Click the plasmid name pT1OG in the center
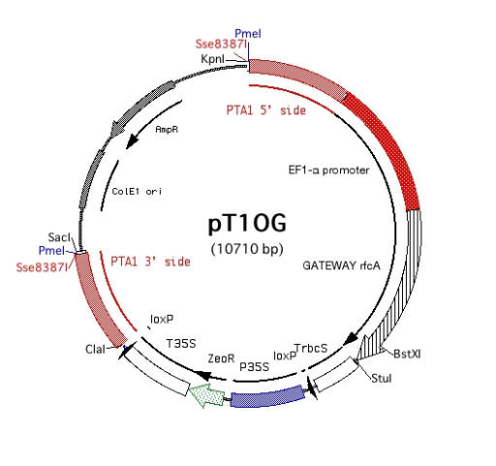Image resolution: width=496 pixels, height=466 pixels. coord(247,224)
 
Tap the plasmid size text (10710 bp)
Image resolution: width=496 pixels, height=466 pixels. coord(247,249)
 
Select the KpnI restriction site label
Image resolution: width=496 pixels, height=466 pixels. coord(212,59)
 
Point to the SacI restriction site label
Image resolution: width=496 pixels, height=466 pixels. coord(59,237)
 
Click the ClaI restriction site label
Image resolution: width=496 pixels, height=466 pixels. coord(95,349)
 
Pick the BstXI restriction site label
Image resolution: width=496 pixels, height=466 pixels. coord(407,354)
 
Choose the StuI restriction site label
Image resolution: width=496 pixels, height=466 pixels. coord(382,378)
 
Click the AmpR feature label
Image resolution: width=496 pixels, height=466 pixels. coord(167,130)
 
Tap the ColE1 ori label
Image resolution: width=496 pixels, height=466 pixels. coord(137,192)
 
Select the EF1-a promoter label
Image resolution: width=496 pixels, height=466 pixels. coord(328,170)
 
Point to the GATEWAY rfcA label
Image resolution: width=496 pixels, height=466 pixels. coord(341,265)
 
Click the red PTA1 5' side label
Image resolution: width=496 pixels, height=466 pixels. coord(266,110)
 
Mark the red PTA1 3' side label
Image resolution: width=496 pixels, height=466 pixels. coord(150,262)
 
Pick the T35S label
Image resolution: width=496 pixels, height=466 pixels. coord(181,343)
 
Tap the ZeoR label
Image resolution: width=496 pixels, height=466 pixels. coord(221,358)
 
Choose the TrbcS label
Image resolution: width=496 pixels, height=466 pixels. coord(311,348)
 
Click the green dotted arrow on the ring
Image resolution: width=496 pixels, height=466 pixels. coord(206,396)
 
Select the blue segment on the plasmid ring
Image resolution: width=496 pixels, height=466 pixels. coord(267,396)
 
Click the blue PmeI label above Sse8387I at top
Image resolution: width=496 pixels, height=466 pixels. coord(248,33)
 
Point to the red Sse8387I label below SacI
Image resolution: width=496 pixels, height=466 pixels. coord(42,267)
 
